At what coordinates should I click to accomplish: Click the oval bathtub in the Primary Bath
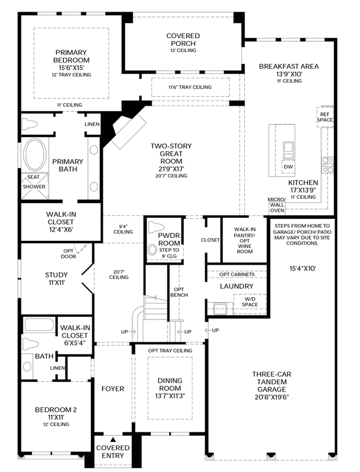pyautogui.click(x=35, y=155)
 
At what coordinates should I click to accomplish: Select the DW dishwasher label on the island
pyautogui.click(x=288, y=167)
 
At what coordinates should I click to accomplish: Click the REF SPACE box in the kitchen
pyautogui.click(x=325, y=117)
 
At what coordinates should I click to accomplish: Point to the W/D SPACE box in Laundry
pyautogui.click(x=250, y=302)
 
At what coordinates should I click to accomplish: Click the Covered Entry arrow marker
pyautogui.click(x=112, y=440)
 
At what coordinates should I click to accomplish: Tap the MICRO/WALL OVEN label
pyautogui.click(x=277, y=205)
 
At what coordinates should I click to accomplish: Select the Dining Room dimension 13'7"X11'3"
pyautogui.click(x=170, y=396)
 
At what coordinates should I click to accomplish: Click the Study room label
pyautogui.click(x=56, y=275)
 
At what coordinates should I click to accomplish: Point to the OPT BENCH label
pyautogui.click(x=179, y=292)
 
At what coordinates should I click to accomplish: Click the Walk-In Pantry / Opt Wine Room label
pyautogui.click(x=245, y=240)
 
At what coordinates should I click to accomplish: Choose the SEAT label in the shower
pyautogui.click(x=34, y=177)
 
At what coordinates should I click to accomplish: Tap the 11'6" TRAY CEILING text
pyautogui.click(x=190, y=87)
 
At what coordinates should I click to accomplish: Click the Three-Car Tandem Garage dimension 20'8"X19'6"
pyautogui.click(x=272, y=397)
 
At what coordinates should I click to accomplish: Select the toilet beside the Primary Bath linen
pyautogui.click(x=30, y=124)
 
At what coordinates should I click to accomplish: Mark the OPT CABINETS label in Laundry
pyautogui.click(x=237, y=275)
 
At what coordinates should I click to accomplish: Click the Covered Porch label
pyautogui.click(x=183, y=39)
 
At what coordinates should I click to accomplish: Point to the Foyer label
pyautogui.click(x=113, y=389)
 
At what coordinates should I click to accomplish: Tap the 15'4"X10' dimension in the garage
pyautogui.click(x=303, y=269)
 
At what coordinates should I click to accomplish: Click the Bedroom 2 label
pyautogui.click(x=56, y=409)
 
